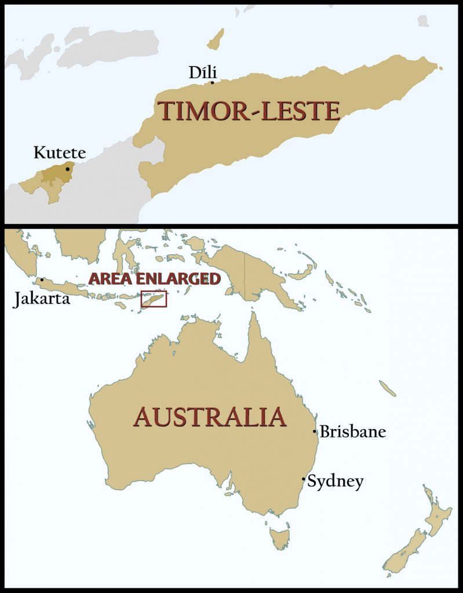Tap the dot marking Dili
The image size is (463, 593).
[x=212, y=83]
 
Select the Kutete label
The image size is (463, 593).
[x=59, y=153]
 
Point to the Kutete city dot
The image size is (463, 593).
[x=68, y=169]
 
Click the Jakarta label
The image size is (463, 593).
[x=42, y=299]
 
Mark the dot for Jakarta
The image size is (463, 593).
[x=42, y=280]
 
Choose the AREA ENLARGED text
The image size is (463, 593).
[x=154, y=279]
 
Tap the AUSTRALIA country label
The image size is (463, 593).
[x=210, y=417]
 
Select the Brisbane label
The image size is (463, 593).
[x=352, y=432]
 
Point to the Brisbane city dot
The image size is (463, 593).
[x=315, y=431]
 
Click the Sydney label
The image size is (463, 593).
[x=335, y=481]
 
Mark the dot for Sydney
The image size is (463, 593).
[x=304, y=479]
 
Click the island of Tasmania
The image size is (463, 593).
[x=280, y=537]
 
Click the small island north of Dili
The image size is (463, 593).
[x=216, y=39]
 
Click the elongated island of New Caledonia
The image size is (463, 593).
[x=388, y=388]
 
